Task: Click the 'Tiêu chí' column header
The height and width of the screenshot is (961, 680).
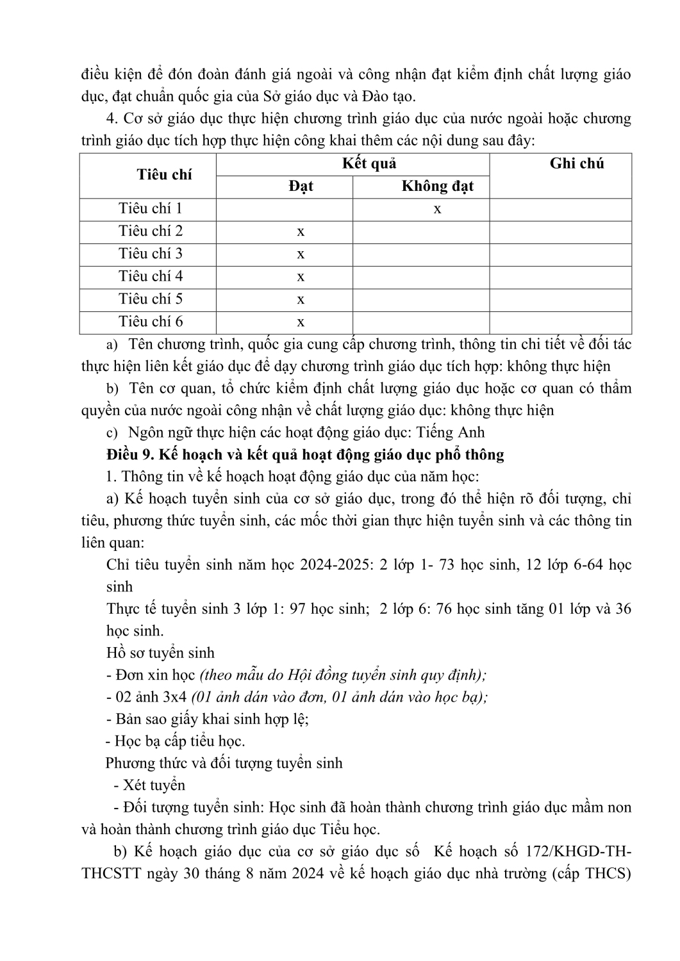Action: [x=164, y=175]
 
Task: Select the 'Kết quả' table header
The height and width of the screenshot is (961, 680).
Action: [x=369, y=163]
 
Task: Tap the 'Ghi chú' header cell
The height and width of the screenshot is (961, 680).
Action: [x=577, y=163]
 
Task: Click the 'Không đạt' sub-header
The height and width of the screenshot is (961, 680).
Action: [x=437, y=186]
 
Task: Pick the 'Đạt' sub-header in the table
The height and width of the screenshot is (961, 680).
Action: [x=301, y=186]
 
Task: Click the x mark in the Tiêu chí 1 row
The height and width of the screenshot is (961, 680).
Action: [x=437, y=209]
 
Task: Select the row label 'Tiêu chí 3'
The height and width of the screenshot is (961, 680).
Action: [x=151, y=254]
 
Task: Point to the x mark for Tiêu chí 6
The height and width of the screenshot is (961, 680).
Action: [x=301, y=322]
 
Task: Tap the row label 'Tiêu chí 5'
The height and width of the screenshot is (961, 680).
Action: [x=151, y=299]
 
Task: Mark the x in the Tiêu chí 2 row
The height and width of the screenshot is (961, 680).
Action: [x=301, y=231]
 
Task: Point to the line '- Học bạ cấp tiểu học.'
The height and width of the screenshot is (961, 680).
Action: [x=175, y=741]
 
